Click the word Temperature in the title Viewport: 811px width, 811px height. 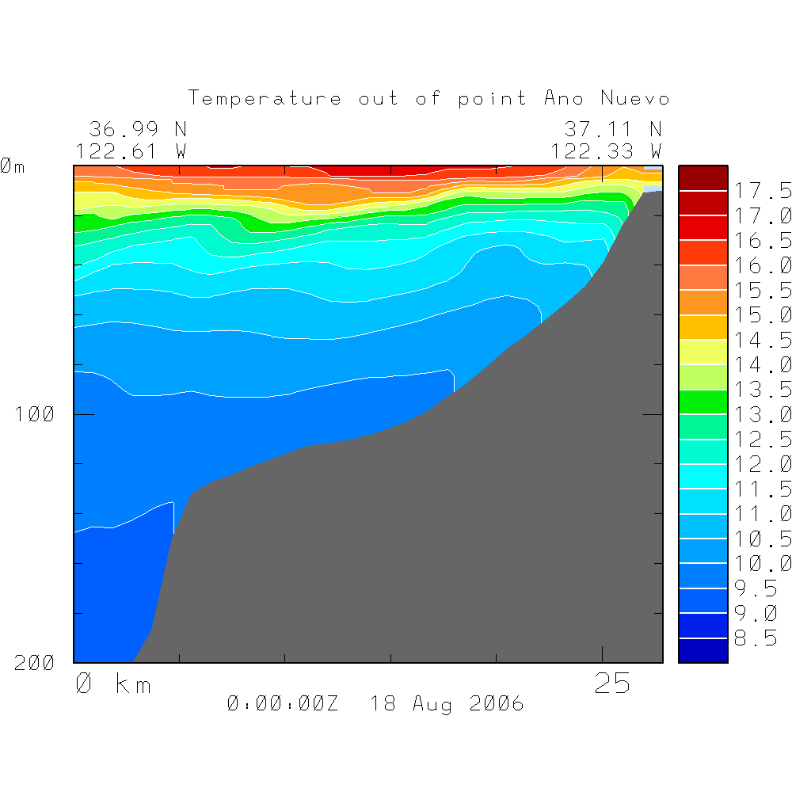pyautogui.click(x=265, y=99)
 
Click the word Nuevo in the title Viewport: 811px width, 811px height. pyautogui.click(x=635, y=99)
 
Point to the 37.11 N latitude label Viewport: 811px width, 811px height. pyautogui.click(x=612, y=129)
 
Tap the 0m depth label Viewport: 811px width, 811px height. pyautogui.click(x=13, y=167)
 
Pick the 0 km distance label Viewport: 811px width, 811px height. pyautogui.click(x=113, y=684)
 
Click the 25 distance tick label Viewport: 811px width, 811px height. pyautogui.click(x=612, y=684)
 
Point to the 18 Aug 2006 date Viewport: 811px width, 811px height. pyautogui.click(x=447, y=703)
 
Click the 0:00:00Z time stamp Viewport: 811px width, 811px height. pyautogui.click(x=283, y=703)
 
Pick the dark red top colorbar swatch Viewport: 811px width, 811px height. pyautogui.click(x=702, y=178)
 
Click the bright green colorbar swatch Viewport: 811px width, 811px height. pyautogui.click(x=702, y=402)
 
